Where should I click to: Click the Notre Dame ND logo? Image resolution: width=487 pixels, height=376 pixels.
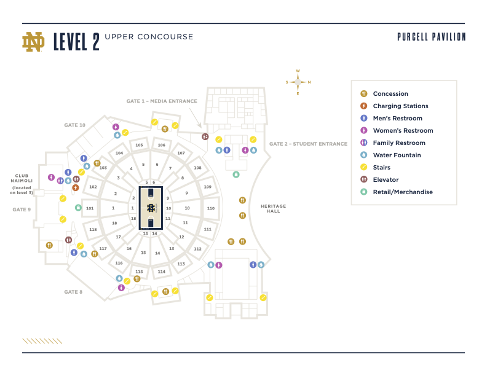(34, 41)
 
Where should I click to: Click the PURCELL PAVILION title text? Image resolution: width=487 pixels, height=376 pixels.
(431, 37)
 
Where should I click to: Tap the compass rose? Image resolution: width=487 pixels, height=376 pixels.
(298, 82)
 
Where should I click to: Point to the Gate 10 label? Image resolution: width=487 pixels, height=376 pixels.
(74, 125)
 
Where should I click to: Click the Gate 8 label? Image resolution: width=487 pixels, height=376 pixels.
(73, 292)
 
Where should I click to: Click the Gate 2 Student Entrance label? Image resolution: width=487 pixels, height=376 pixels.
(308, 144)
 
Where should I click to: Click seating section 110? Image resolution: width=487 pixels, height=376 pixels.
(211, 208)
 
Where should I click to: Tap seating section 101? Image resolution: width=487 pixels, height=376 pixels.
(90, 208)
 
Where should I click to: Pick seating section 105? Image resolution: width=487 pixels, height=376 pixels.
(140, 145)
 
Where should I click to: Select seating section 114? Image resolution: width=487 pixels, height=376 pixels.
(161, 271)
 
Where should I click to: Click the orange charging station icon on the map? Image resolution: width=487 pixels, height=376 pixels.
(76, 187)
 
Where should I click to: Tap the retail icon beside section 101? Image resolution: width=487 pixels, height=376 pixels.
(78, 208)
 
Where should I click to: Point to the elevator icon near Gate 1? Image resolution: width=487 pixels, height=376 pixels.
(205, 136)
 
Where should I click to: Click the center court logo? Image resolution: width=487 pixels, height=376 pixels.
(151, 208)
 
